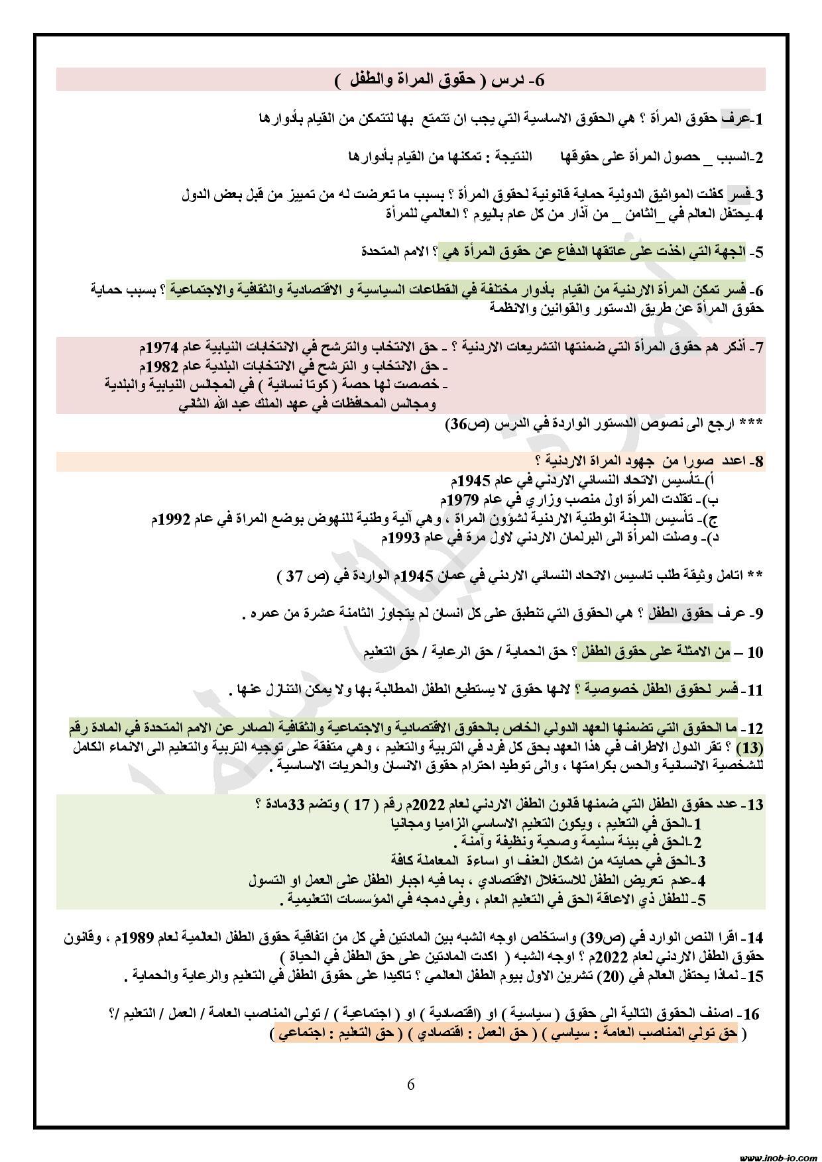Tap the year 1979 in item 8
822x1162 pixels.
pos(463,498)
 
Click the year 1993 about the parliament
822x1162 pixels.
pos(403,538)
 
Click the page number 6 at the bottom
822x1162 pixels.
pos(410,1084)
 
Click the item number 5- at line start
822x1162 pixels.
pos(756,252)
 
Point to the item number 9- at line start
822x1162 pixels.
pos(756,614)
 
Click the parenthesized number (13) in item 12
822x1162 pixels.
pos(750,749)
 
